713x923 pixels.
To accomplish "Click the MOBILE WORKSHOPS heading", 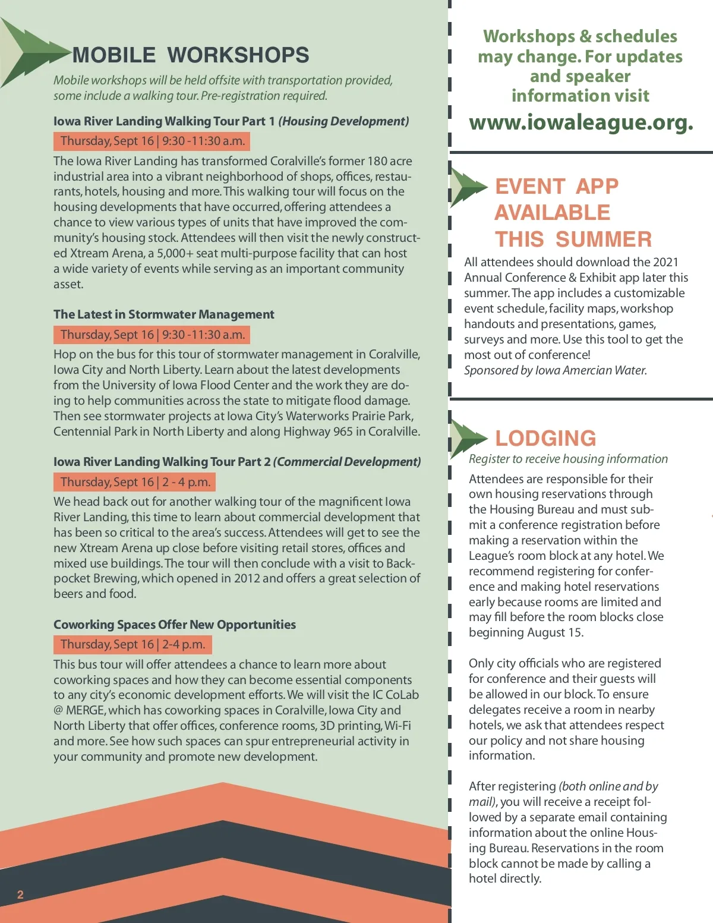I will pyautogui.click(x=190, y=55).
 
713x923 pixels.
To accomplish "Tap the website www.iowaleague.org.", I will pyautogui.click(x=581, y=122).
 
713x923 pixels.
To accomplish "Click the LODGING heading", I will pyautogui.click(x=545, y=438).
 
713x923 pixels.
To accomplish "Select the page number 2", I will pyautogui.click(x=20, y=894).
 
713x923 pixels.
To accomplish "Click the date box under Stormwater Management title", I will pyautogui.click(x=152, y=335).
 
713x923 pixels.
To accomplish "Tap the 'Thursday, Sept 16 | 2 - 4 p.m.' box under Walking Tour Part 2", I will pyautogui.click(x=135, y=482).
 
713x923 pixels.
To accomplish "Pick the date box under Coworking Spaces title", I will pyautogui.click(x=132, y=644).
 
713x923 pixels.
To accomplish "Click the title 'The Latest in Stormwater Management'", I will pyautogui.click(x=163, y=314).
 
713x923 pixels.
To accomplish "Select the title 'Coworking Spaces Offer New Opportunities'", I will pyautogui.click(x=174, y=625).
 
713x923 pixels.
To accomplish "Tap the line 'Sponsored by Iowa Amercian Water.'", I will pyautogui.click(x=555, y=370).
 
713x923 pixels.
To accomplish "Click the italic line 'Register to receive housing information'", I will pyautogui.click(x=567, y=459).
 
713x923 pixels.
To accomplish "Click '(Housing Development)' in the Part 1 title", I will pyautogui.click(x=343, y=121).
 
